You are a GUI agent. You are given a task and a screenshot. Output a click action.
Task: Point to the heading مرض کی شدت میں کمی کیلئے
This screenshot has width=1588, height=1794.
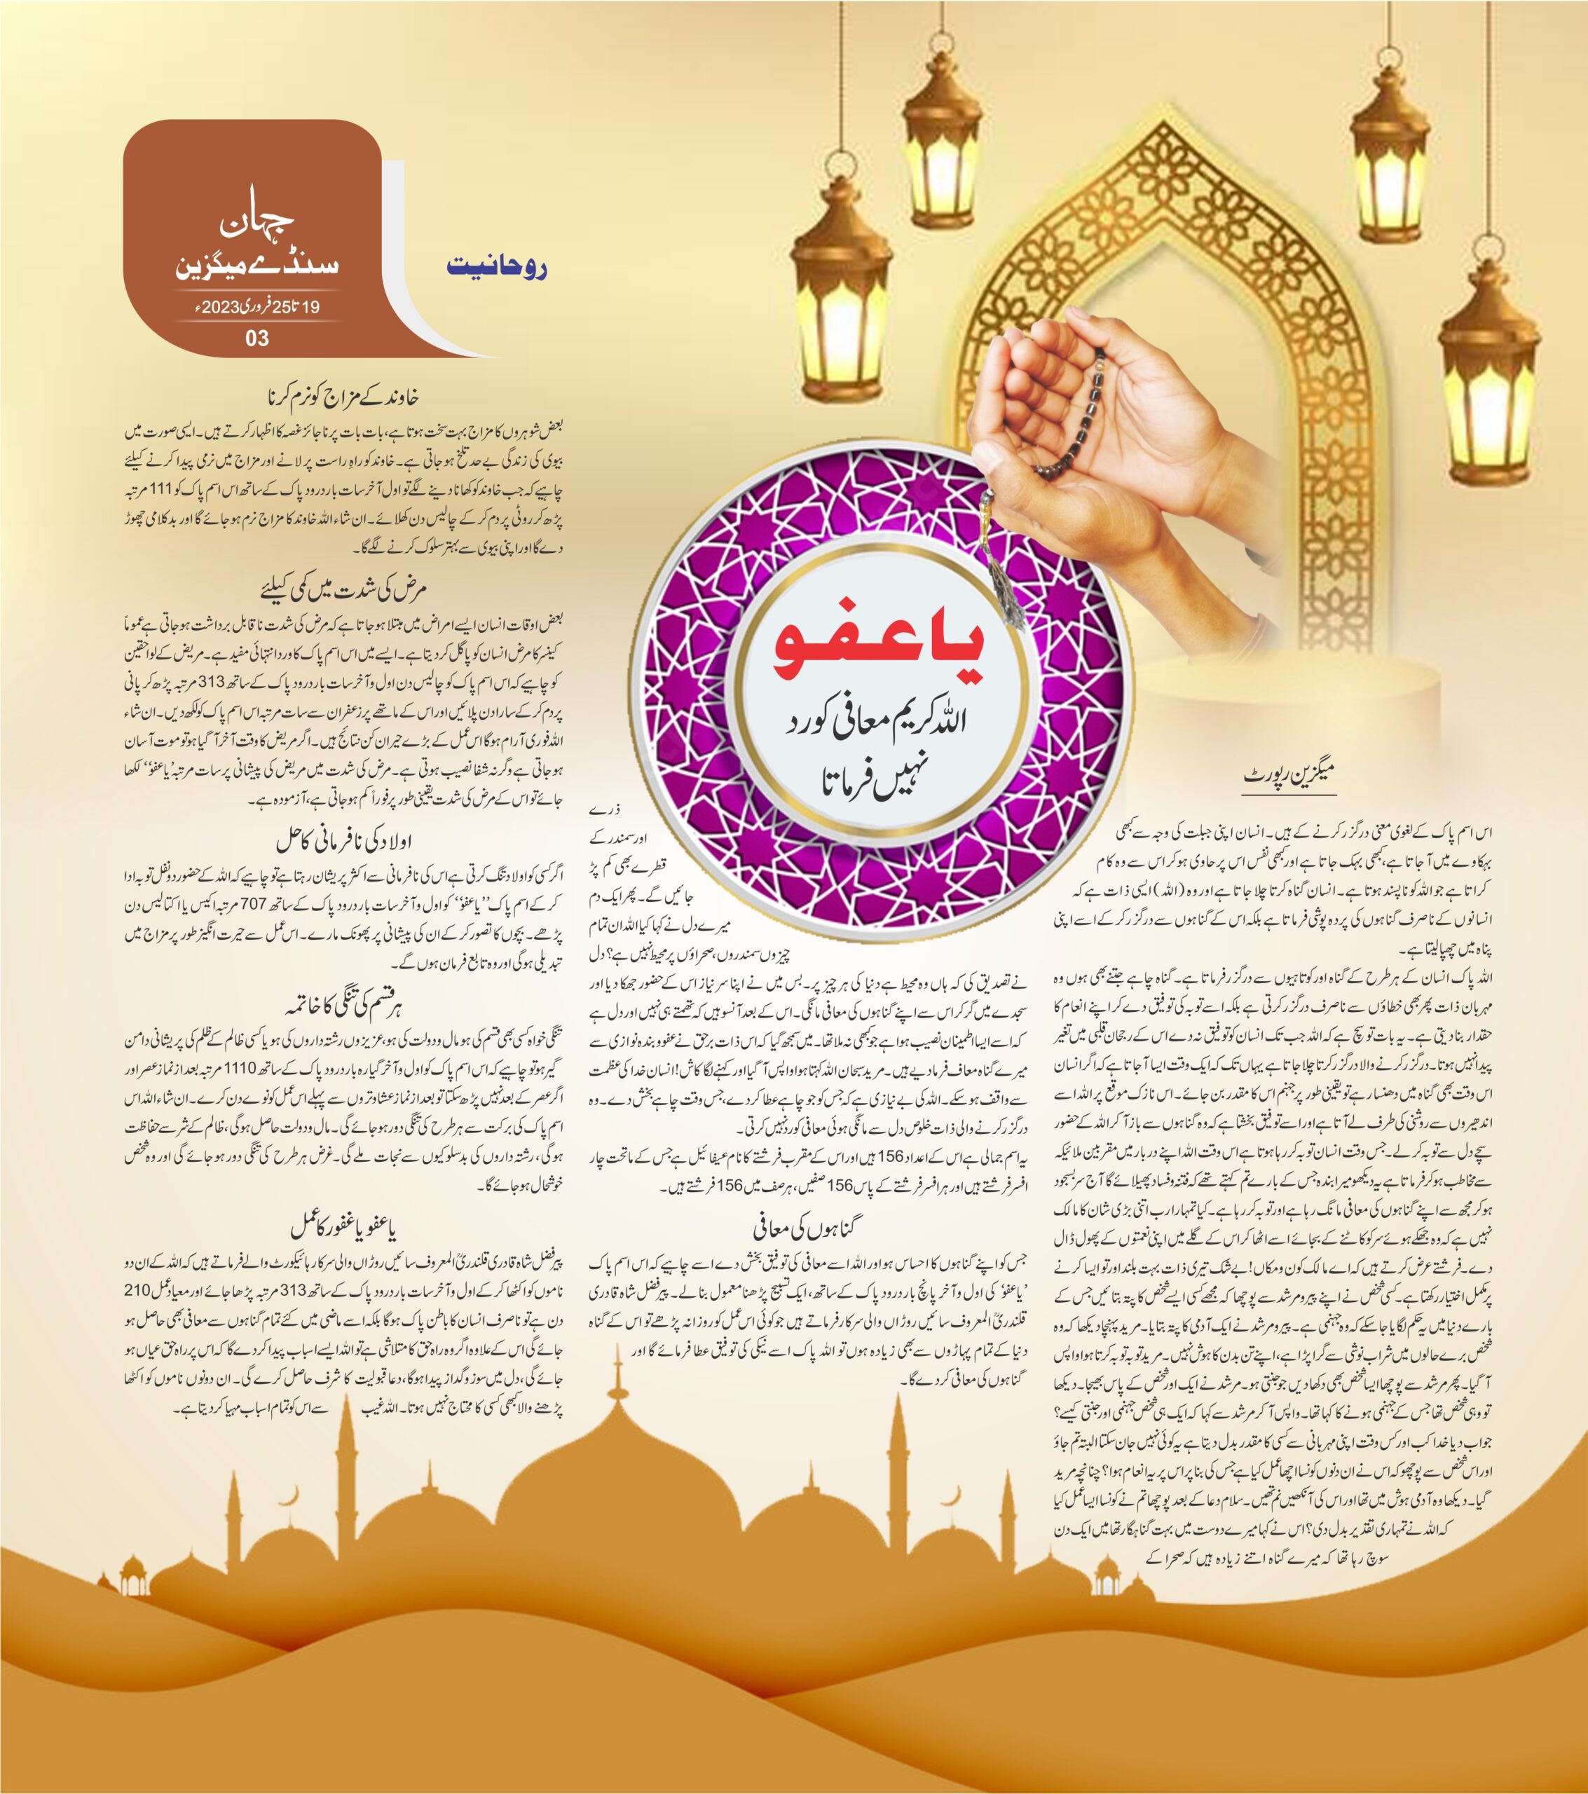coord(343,588)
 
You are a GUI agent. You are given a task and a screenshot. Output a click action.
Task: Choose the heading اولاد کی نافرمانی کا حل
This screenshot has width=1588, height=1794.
coord(343,841)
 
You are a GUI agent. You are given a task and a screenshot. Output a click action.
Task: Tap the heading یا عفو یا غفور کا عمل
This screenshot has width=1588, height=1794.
coord(343,1227)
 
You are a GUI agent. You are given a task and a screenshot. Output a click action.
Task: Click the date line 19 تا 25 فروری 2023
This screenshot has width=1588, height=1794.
coord(256,307)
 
